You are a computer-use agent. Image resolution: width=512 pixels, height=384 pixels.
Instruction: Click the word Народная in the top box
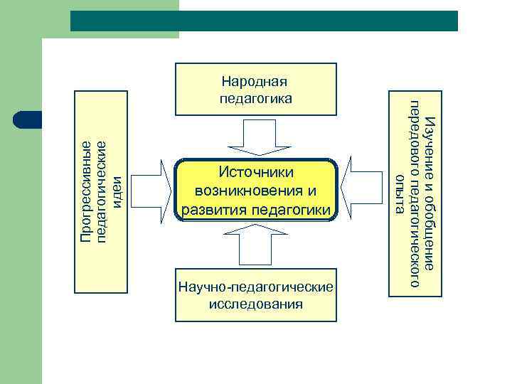[x=256, y=82]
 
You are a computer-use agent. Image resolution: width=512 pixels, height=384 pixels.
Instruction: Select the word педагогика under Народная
[x=256, y=98]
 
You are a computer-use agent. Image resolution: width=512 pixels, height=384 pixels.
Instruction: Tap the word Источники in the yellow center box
[x=256, y=172]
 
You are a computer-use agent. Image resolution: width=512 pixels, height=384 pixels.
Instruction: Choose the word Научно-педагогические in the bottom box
[x=256, y=287]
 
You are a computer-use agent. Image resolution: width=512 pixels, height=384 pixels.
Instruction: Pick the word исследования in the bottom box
[x=256, y=304]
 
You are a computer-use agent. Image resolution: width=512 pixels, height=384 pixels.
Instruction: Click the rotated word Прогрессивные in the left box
[x=85, y=192]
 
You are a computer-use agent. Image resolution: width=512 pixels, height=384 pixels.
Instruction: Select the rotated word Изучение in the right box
[x=429, y=139]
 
